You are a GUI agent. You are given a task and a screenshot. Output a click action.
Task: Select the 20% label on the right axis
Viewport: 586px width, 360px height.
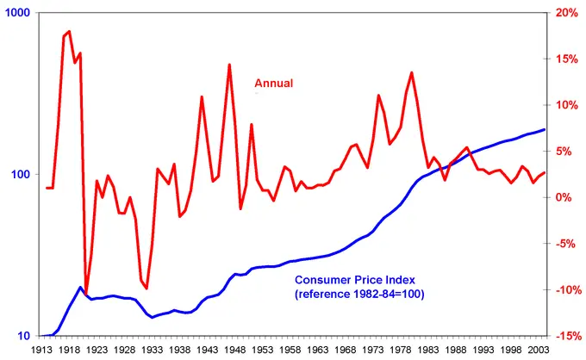coord(566,13)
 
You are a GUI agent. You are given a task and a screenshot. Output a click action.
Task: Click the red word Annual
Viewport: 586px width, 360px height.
coord(273,84)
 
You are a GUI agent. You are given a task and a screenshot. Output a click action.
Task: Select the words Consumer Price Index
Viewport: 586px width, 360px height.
coord(357,280)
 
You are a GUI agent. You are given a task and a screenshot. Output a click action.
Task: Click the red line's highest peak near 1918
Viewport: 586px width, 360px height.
coord(69,32)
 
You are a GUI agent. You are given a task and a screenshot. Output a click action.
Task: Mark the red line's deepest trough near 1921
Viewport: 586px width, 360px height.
coord(85,292)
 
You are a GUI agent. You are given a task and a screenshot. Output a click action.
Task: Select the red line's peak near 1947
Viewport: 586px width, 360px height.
coord(229,65)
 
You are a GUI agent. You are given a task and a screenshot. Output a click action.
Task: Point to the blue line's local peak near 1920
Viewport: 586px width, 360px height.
coord(80,288)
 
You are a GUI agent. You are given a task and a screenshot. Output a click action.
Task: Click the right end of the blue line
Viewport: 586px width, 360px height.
coord(545,129)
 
